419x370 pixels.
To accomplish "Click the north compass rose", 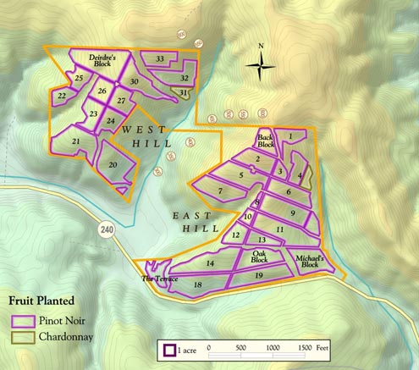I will [262, 63].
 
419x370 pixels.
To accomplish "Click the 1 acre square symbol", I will [169, 348].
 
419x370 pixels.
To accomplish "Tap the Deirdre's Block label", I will [107, 59].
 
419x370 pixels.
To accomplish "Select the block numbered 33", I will [161, 58].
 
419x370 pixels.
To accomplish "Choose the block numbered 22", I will [62, 97].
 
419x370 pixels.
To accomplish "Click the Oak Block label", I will [260, 256].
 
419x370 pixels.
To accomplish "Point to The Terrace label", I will [157, 278].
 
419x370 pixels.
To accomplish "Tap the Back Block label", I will [267, 141].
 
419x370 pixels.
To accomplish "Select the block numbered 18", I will [197, 285].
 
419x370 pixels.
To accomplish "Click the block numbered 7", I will [220, 191].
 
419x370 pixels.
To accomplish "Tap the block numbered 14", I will [210, 264].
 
